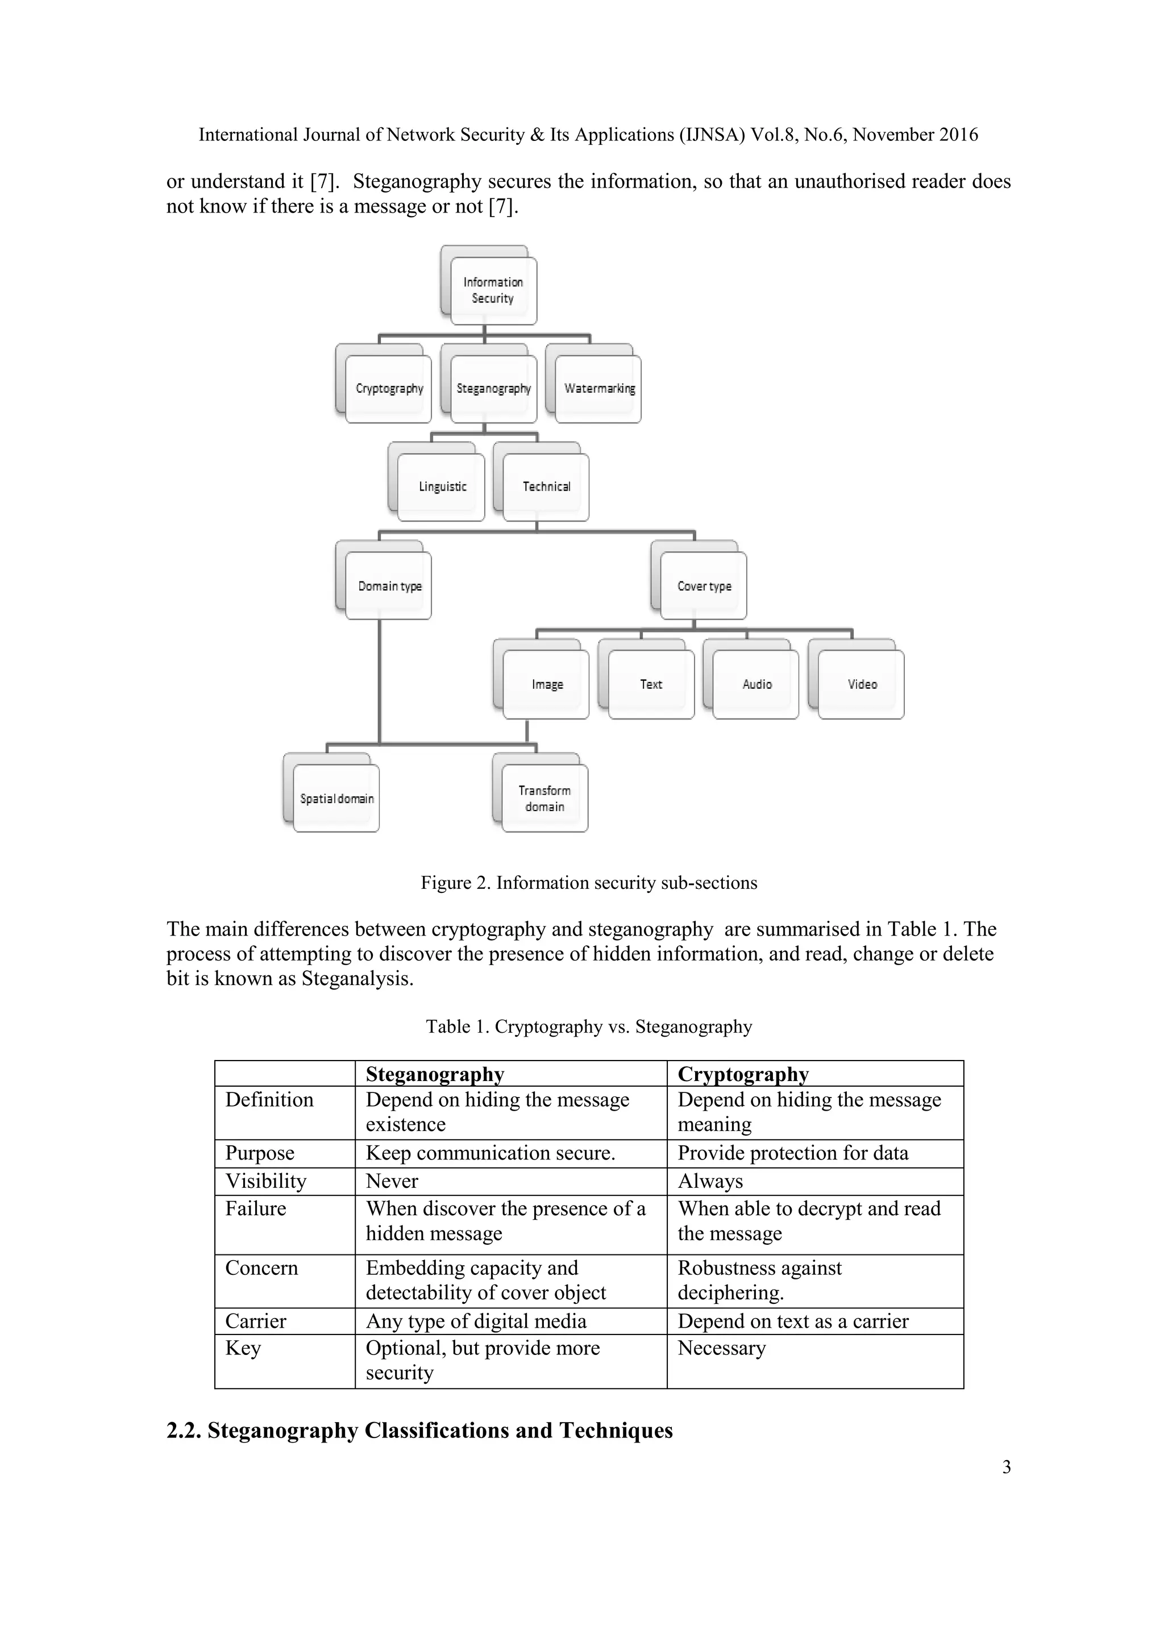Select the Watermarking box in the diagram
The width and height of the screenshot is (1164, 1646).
point(599,389)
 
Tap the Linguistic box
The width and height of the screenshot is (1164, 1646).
point(442,487)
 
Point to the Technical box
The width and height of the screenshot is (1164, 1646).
point(546,487)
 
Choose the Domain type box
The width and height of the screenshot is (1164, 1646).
point(389,586)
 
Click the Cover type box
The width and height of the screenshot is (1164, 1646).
point(704,586)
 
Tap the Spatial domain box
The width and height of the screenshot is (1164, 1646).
point(336,799)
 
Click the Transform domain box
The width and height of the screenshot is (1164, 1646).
point(544,798)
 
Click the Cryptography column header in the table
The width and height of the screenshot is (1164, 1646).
point(743,1074)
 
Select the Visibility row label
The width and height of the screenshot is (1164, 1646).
point(266,1181)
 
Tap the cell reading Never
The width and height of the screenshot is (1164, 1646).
point(392,1181)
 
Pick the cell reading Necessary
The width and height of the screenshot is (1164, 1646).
point(722,1348)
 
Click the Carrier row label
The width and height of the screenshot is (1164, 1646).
point(256,1320)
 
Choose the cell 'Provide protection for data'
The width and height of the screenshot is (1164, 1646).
point(793,1153)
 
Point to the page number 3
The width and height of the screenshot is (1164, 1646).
point(1007,1467)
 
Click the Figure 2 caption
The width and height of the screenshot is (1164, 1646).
point(588,883)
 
